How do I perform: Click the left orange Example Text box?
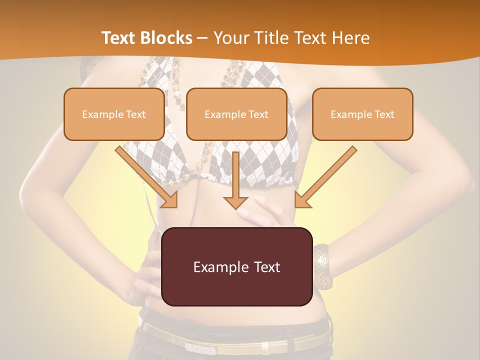(114, 114)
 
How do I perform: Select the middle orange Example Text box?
(236, 114)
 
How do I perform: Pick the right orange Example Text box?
(362, 114)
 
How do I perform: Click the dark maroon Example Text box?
(236, 266)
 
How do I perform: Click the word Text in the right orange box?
(384, 114)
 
